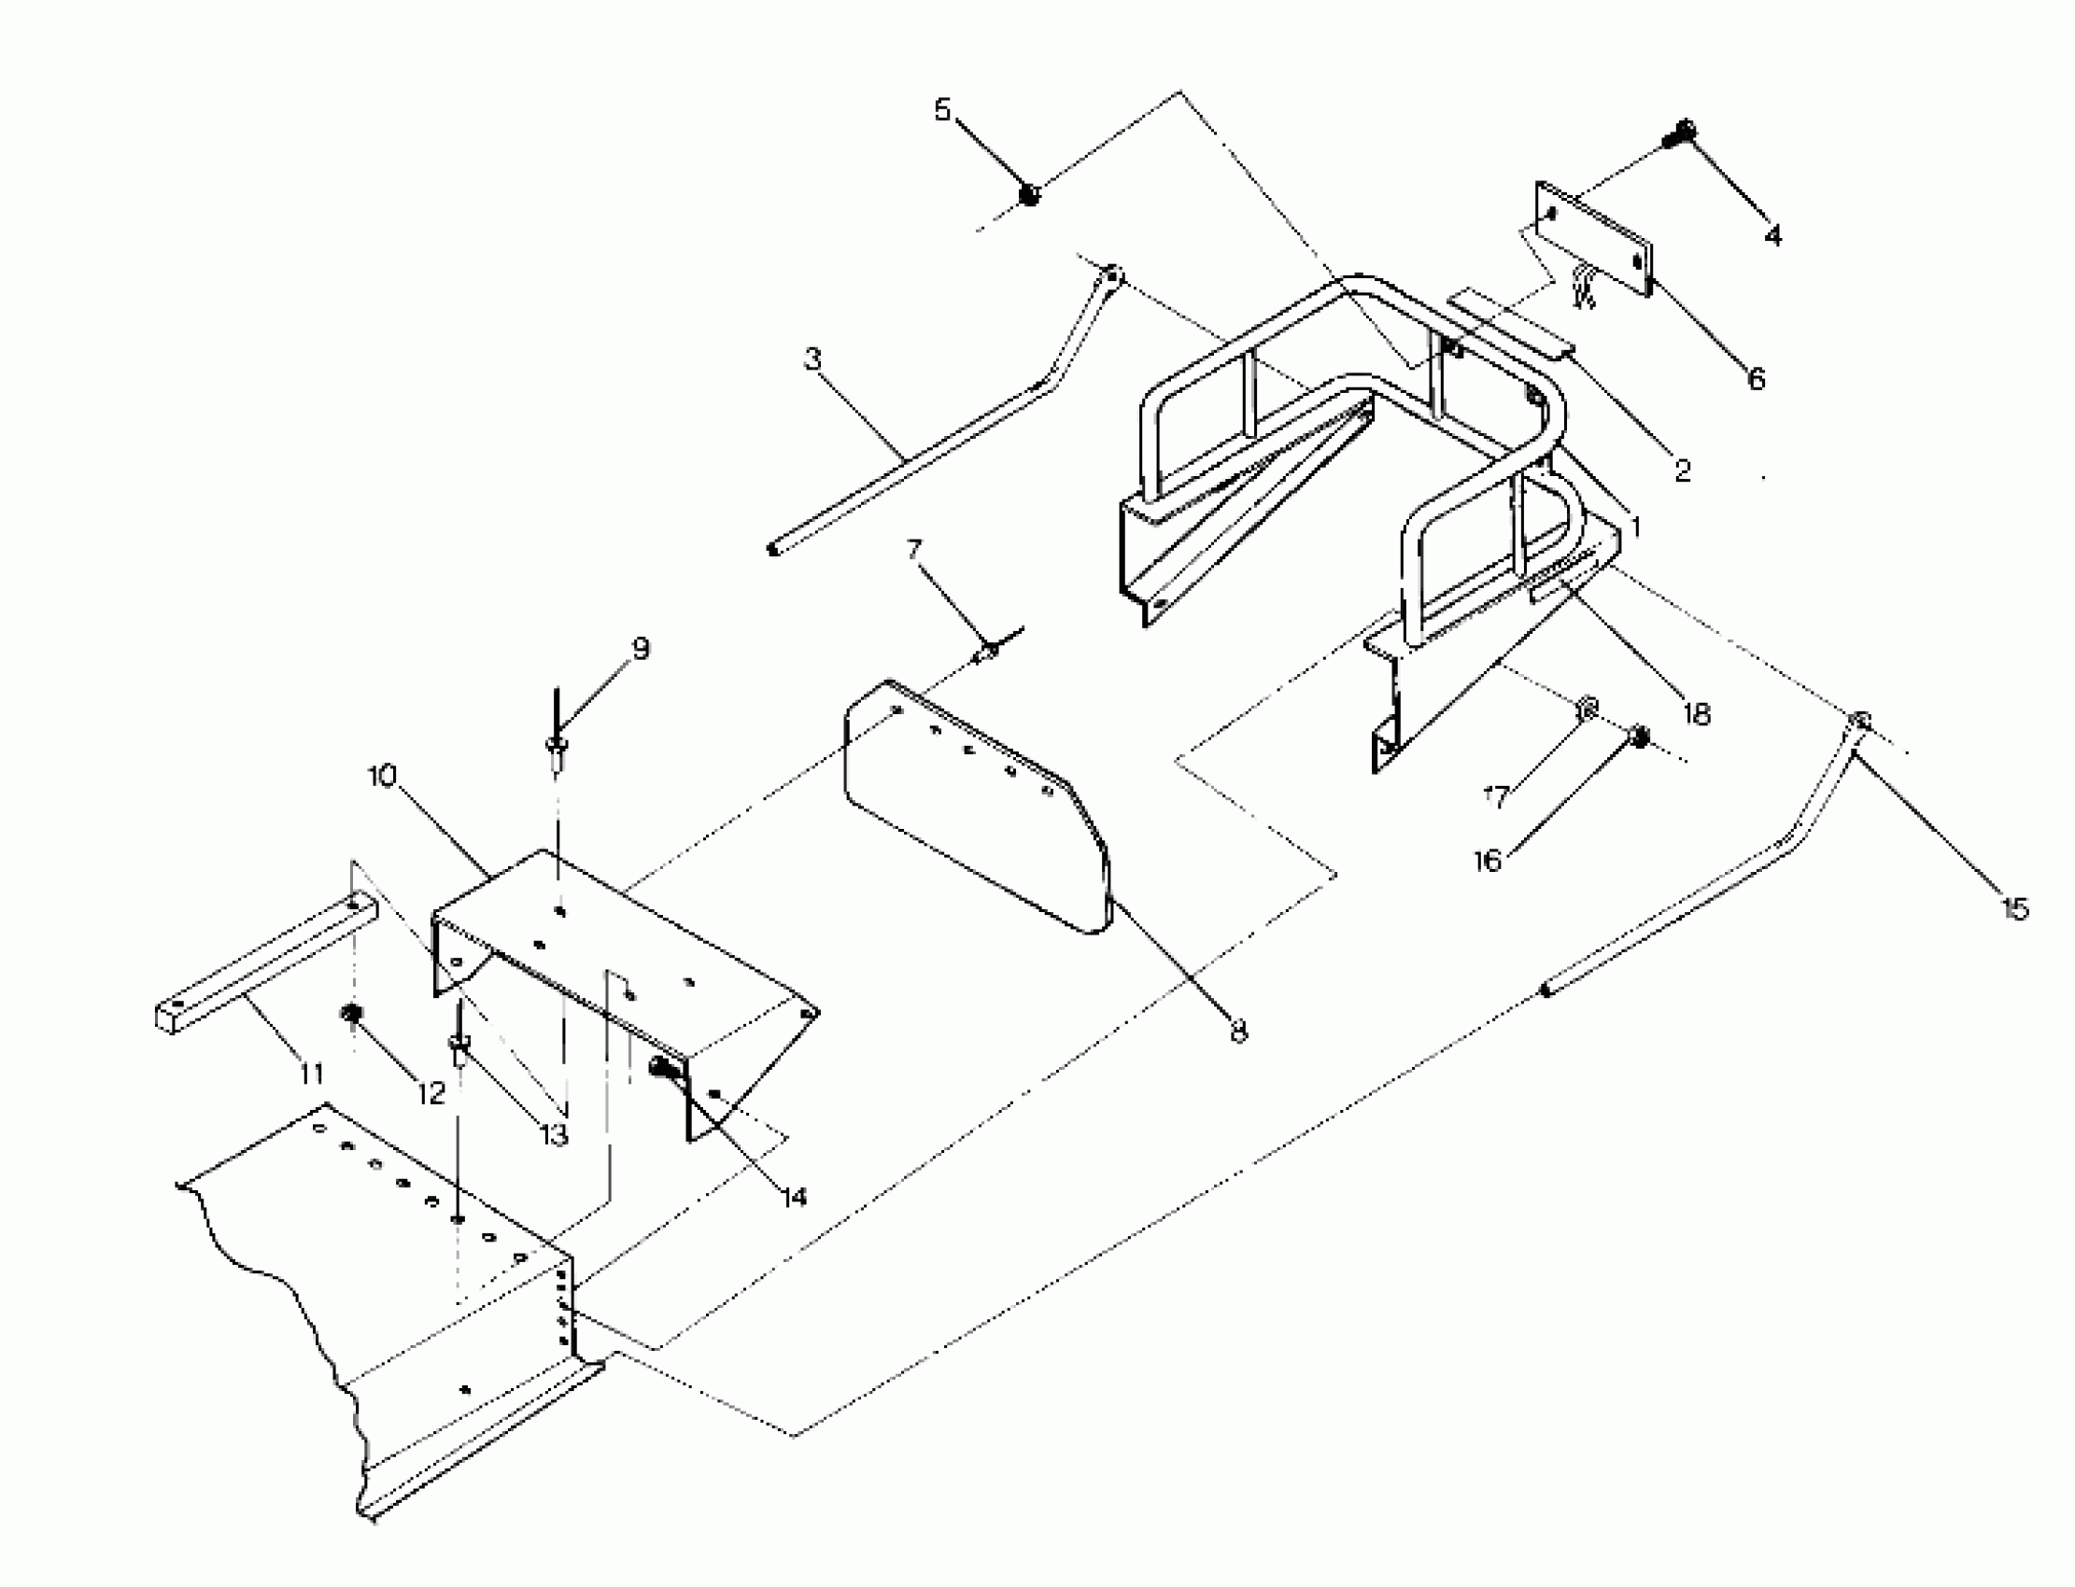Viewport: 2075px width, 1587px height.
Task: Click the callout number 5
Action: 942,109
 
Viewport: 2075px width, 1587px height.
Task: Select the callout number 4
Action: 1772,235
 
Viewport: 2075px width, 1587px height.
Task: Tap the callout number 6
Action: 1756,379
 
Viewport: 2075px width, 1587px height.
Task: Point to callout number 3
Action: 812,360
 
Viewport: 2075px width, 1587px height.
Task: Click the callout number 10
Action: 383,777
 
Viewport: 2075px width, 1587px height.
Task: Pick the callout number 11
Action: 312,1074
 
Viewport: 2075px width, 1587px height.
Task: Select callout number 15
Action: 2015,908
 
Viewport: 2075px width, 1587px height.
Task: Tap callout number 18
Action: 1697,714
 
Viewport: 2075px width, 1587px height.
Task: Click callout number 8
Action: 1239,1031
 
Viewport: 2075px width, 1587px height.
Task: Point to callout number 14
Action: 795,1197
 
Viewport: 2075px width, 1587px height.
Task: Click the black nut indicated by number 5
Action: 1029,196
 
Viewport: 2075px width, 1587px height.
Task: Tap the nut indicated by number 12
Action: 352,1015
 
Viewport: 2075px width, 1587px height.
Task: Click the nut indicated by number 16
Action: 1641,737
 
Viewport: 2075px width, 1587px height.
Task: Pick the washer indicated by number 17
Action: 1588,707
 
